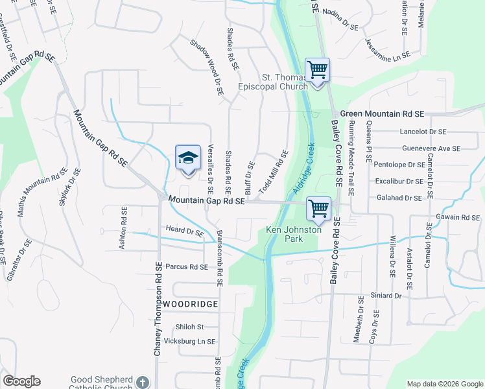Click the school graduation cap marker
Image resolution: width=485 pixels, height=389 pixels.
(188, 158)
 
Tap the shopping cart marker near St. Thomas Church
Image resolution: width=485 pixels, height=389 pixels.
(317, 69)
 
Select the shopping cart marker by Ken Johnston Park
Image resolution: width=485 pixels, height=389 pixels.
(318, 209)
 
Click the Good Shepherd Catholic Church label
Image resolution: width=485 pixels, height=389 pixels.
(102, 383)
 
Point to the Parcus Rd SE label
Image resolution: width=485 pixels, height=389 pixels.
(186, 266)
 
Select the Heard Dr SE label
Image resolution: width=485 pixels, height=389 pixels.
(185, 231)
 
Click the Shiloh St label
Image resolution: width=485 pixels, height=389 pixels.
(189, 327)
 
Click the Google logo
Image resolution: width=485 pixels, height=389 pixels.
(21, 381)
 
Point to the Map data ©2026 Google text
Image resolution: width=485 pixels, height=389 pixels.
(444, 384)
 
